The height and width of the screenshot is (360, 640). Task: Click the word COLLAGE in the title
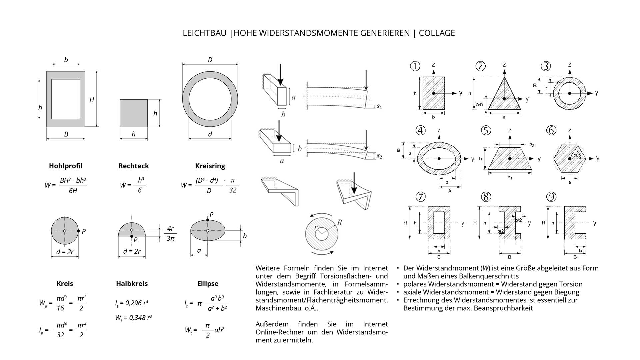pos(437,33)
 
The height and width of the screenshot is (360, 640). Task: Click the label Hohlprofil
pos(66,166)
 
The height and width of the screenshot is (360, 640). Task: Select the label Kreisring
pos(210,166)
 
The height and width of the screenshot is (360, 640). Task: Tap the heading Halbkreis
pos(132,283)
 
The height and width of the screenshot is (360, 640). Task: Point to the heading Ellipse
pos(208,283)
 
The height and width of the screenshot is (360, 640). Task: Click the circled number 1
pos(415,66)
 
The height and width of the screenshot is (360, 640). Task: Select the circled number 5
pos(486,130)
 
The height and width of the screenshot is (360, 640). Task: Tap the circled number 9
pos(551,197)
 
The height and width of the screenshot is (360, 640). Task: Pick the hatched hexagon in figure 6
pos(569,159)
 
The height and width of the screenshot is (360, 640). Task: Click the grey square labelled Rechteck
pos(134,113)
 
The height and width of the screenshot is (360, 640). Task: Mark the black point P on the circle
pos(78,231)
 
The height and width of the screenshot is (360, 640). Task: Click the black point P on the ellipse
pos(208,220)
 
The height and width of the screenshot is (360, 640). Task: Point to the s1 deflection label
pos(379,107)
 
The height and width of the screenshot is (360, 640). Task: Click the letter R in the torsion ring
pos(339,222)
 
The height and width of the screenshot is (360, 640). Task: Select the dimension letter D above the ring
pos(210,60)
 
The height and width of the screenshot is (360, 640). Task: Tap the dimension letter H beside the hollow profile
pos(92,99)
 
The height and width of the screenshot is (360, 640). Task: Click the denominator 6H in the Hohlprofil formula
pos(73,191)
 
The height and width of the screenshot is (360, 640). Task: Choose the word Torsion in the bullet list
pos(570,284)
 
